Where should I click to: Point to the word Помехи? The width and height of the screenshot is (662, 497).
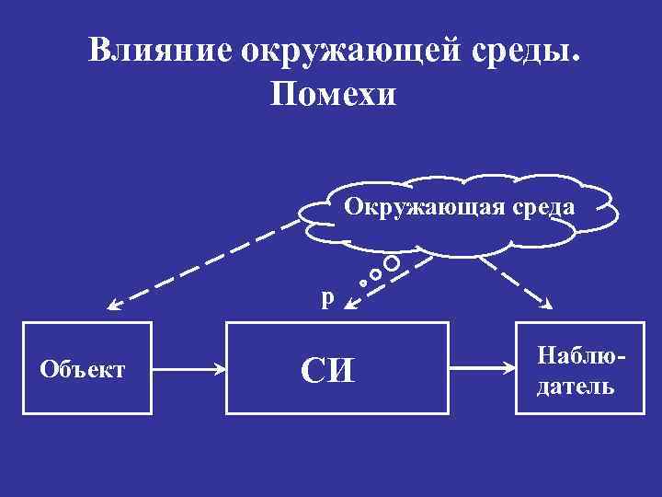pos(332,94)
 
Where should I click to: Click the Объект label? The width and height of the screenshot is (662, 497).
pos(83,370)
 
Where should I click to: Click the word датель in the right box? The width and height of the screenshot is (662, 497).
pos(576,386)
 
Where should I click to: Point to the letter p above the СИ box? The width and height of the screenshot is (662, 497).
pos(328,297)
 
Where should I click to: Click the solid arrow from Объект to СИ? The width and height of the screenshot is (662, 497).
pos(189,370)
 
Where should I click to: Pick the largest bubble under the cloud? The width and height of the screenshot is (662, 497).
pos(392,263)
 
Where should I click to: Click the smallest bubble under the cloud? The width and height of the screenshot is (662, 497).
pos(364,283)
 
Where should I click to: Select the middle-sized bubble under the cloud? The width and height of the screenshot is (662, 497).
pos(375,274)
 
